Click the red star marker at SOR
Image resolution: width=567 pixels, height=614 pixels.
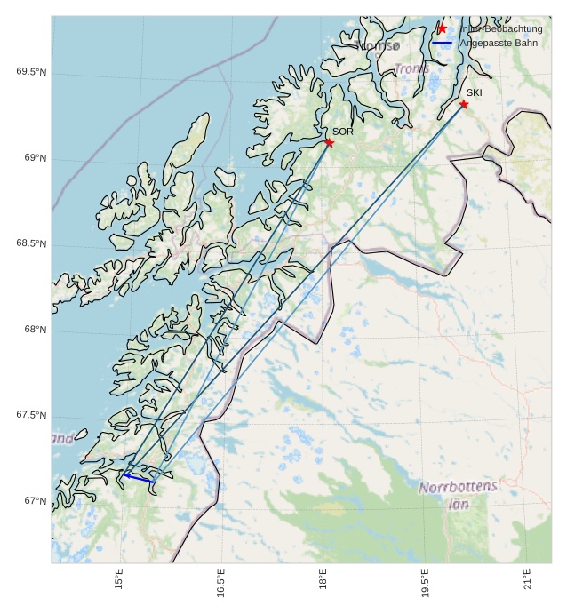pos(329,142)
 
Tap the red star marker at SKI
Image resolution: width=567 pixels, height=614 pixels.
pos(463,104)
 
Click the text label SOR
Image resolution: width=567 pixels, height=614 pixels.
pos(343,132)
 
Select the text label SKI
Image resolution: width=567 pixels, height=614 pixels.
pos(475,92)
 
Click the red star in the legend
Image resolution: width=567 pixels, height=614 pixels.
pos(442,28)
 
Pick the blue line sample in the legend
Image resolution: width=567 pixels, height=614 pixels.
pos(442,43)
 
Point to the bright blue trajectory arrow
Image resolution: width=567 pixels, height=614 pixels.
pos(139,478)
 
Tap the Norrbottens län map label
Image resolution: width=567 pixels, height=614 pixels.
pos(459,494)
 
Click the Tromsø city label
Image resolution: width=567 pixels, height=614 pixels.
pos(378,45)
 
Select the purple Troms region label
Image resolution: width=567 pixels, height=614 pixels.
pos(412,68)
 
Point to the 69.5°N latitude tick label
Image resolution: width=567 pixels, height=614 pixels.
pos(31,72)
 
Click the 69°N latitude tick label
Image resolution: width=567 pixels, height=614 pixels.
pos(35,158)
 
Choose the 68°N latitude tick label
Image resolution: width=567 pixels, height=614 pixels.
pos(35,330)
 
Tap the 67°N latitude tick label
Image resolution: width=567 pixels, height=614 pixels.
pos(35,501)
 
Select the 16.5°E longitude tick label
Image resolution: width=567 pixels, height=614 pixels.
pos(220,583)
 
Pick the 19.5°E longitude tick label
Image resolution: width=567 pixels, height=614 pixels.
pos(425,583)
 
